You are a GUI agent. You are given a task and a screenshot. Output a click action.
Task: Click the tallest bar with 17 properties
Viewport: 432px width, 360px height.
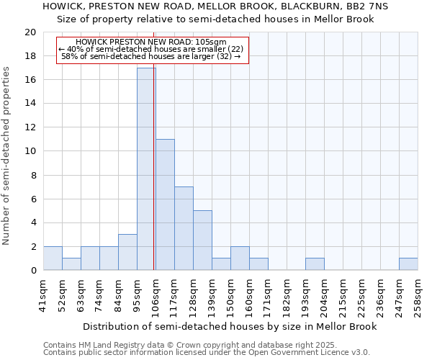146,169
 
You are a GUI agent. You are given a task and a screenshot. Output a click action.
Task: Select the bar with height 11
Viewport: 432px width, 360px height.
165,204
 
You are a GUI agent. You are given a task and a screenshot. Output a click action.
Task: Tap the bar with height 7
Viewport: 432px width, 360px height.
184,228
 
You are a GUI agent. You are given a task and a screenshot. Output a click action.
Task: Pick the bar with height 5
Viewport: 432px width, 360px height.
202,240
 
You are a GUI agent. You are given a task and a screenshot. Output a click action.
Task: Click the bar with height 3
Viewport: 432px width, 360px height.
127,252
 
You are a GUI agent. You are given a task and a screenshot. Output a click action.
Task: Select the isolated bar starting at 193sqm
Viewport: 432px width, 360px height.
315,264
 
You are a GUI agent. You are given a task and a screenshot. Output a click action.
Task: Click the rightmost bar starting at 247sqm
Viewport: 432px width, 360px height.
408,264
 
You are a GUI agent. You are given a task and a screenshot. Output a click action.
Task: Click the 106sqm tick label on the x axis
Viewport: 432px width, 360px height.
156,296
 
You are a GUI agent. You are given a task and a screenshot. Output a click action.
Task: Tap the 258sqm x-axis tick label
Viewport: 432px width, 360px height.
418,296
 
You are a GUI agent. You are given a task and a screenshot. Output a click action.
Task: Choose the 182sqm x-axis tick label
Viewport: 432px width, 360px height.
287,296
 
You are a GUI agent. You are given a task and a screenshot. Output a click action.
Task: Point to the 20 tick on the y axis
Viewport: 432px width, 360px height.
30,32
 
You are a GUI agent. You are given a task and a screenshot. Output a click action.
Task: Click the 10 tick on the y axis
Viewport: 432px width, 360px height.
30,151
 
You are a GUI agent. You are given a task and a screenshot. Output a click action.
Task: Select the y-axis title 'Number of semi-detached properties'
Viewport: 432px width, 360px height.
6,156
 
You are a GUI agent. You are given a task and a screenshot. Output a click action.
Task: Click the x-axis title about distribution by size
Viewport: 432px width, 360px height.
229,326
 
